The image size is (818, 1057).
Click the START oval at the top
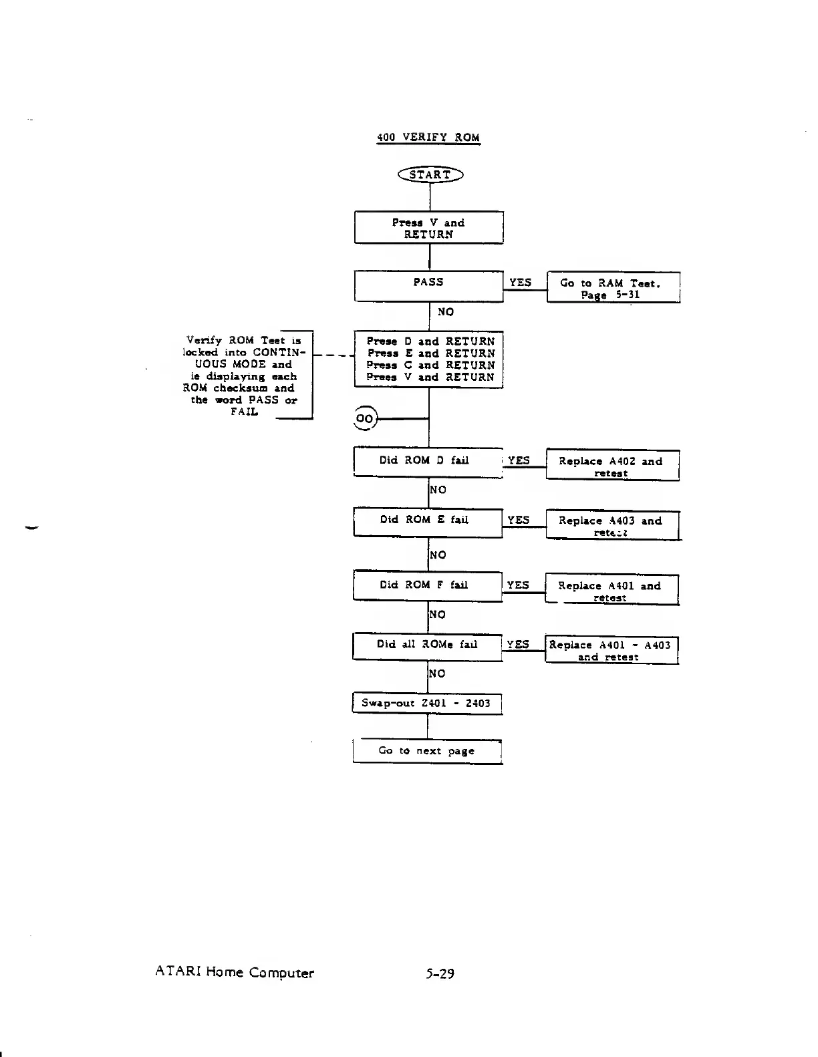point(430,175)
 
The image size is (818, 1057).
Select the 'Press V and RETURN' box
point(428,228)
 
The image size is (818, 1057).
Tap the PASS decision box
point(428,286)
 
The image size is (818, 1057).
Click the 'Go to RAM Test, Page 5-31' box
point(613,288)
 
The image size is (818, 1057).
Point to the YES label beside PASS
point(520,283)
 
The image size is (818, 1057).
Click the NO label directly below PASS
point(445,312)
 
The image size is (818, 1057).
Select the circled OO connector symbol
point(365,418)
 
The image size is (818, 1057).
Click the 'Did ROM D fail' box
point(428,461)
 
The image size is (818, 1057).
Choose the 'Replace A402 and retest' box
point(612,466)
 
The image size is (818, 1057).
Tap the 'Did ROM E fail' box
point(428,521)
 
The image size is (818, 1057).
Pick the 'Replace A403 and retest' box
point(612,526)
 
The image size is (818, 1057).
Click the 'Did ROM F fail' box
point(428,586)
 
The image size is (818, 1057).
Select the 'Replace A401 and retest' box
point(611,591)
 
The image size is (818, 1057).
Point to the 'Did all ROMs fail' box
point(428,645)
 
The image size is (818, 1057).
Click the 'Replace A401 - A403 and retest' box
point(611,650)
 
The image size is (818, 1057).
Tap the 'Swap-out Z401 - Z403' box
point(426,704)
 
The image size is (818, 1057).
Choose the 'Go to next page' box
point(427,751)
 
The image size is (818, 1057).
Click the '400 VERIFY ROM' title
point(428,138)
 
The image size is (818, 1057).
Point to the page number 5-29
point(440,973)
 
